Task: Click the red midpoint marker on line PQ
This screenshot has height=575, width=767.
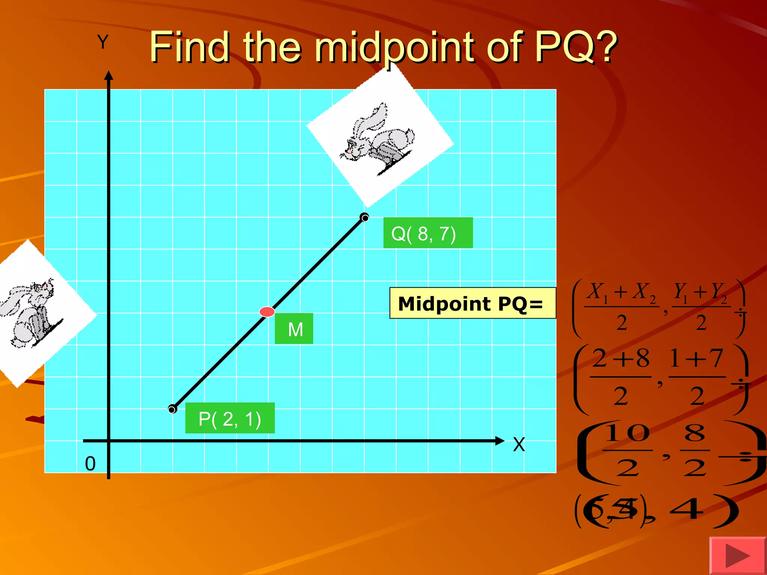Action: (267, 311)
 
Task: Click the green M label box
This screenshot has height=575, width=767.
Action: (294, 329)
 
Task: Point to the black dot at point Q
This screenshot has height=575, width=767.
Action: (364, 217)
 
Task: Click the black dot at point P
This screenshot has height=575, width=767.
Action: (172, 409)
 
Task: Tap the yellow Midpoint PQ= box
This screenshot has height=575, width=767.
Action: (473, 303)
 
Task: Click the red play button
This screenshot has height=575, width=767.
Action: (737, 556)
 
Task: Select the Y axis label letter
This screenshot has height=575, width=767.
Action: (103, 42)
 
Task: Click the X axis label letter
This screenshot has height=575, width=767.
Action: (519, 445)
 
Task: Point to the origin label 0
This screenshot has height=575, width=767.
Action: (90, 463)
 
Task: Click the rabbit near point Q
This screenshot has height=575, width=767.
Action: (378, 139)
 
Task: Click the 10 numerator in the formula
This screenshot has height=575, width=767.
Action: (627, 433)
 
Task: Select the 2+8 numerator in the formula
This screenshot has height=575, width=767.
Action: (621, 358)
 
